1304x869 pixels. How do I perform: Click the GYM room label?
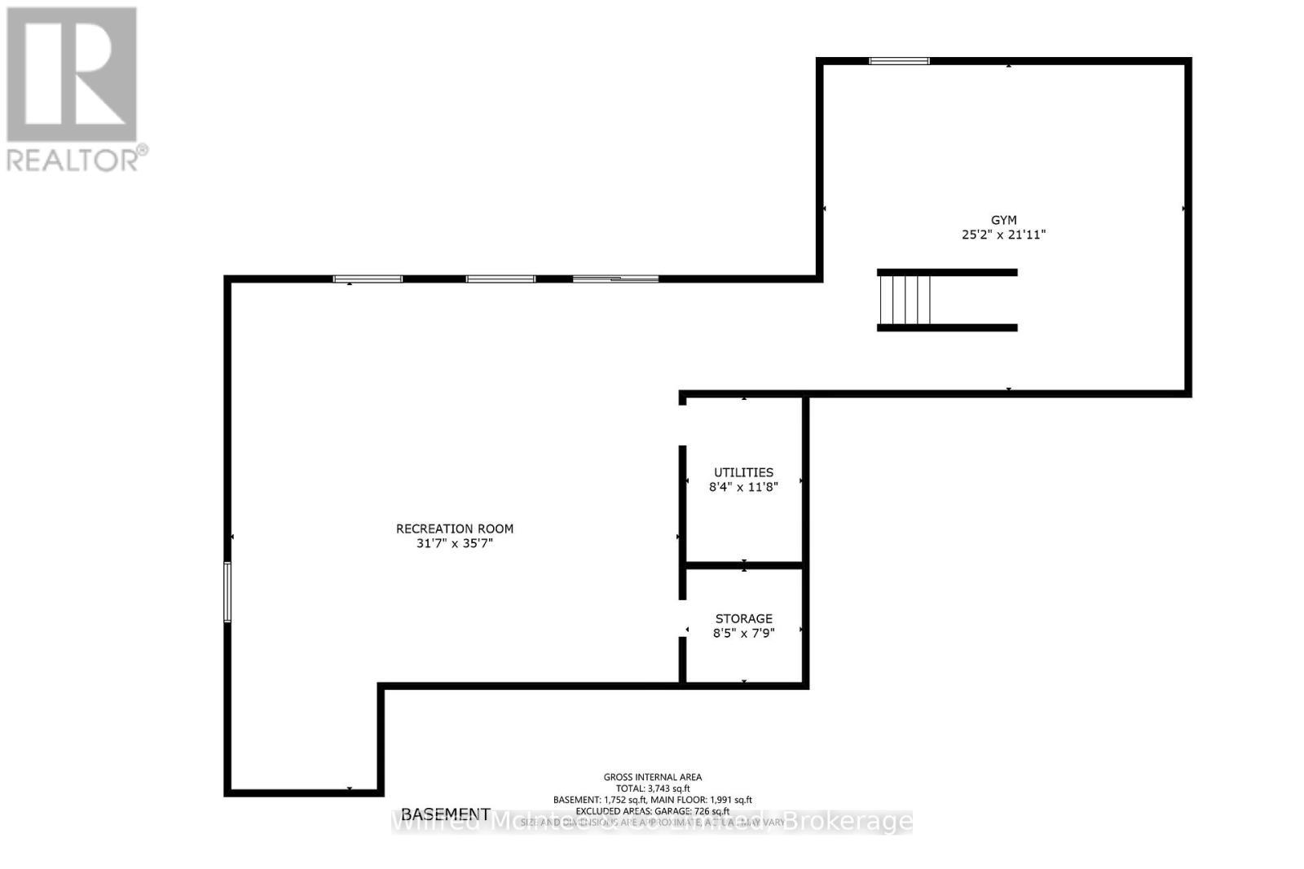(1003, 220)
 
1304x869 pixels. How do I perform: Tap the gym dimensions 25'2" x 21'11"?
(1003, 235)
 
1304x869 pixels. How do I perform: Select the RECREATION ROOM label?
(455, 529)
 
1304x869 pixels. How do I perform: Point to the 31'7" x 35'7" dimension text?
(455, 543)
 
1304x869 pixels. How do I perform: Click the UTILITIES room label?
(743, 472)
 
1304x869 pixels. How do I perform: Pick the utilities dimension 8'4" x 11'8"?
(743, 487)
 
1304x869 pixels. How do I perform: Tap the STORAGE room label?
(743, 619)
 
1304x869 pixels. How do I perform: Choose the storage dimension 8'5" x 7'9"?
(743, 633)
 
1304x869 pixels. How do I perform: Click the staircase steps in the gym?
(905, 300)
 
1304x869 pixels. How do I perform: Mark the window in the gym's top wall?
(899, 60)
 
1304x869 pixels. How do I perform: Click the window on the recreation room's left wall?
(227, 592)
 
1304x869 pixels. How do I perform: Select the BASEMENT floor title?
(446, 814)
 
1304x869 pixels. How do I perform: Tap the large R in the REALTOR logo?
(72, 74)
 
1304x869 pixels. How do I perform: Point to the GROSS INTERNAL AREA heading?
(652, 777)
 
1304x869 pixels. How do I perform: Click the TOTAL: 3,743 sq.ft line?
(652, 788)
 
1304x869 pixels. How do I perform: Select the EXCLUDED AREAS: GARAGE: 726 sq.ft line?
(652, 811)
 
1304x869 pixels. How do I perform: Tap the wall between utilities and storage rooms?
(743, 564)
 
